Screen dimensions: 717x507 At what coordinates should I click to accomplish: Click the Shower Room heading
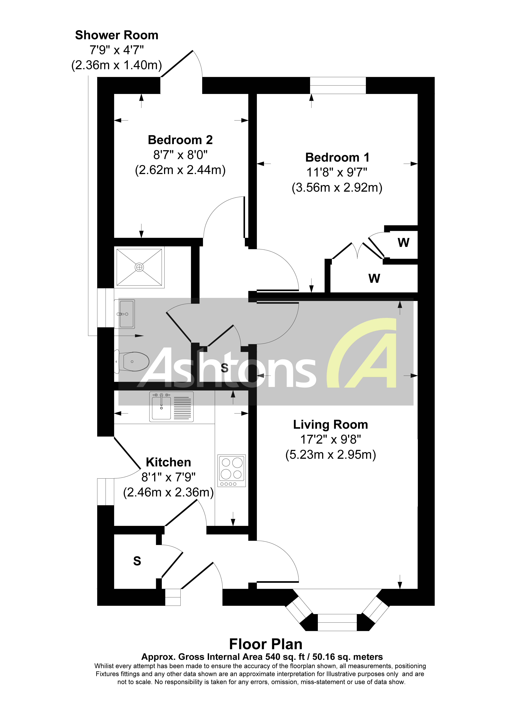click(117, 35)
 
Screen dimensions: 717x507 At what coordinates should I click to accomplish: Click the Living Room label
click(330, 425)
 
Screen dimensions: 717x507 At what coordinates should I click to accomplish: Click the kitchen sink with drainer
click(171, 407)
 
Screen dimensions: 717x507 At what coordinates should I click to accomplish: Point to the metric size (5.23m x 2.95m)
click(330, 455)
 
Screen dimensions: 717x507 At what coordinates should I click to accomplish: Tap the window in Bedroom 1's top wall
click(338, 85)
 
